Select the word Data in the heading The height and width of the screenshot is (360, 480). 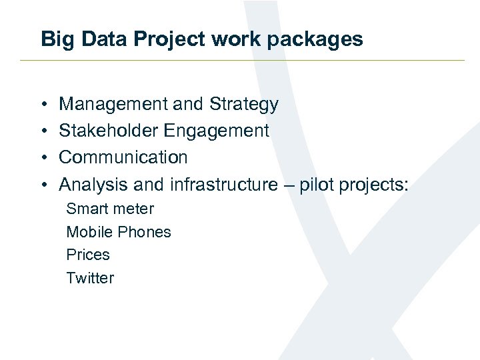[x=96, y=39]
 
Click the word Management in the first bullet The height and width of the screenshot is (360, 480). [x=113, y=105]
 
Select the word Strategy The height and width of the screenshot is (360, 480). [x=243, y=105]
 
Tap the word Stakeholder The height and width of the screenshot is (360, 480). [x=109, y=131]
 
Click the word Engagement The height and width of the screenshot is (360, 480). [x=216, y=131]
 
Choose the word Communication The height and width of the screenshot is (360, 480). [x=123, y=157]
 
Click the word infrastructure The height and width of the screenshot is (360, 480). [x=223, y=184]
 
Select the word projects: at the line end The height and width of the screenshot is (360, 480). [x=374, y=185]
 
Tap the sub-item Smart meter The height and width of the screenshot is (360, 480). [x=110, y=209]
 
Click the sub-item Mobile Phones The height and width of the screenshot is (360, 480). [x=119, y=232]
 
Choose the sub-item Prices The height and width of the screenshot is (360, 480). [x=88, y=255]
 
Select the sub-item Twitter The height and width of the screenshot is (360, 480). [x=90, y=278]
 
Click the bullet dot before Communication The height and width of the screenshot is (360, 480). [x=43, y=158]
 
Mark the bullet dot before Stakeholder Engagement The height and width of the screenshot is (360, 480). [x=43, y=131]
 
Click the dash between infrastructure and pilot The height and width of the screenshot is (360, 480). [x=288, y=185]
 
